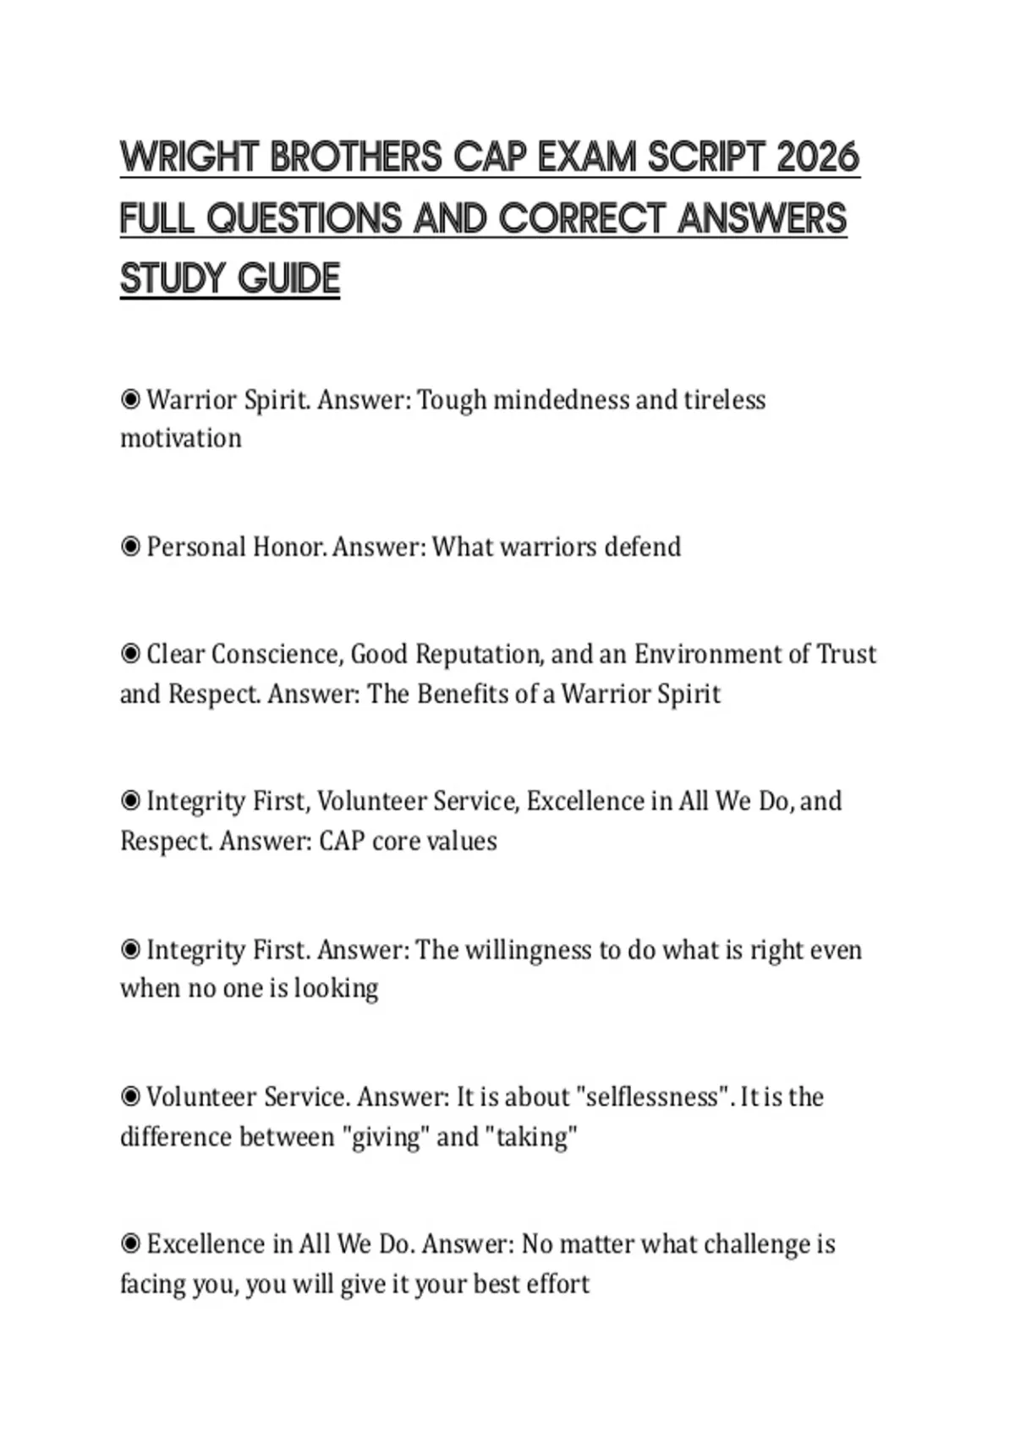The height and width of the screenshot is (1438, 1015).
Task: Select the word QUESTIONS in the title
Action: (x=304, y=218)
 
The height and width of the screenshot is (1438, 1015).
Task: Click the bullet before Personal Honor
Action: (x=130, y=546)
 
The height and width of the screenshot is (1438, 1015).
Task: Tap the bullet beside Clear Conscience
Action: (x=130, y=654)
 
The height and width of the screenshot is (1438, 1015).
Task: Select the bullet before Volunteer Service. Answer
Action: (x=130, y=1097)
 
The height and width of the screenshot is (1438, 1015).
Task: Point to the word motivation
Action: (x=181, y=438)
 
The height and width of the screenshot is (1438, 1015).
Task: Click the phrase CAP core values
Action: (x=408, y=841)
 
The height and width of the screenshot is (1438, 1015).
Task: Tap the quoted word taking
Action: (x=532, y=1136)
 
